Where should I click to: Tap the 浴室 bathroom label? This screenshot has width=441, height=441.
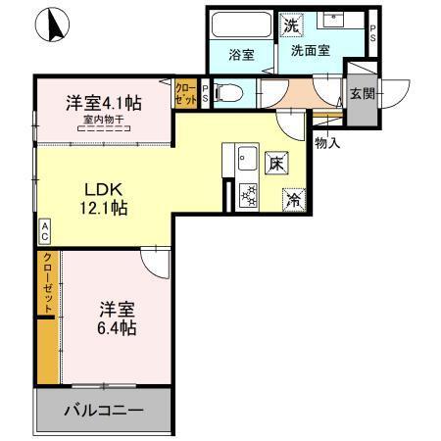tap(241, 55)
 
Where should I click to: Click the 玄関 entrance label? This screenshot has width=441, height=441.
tap(362, 95)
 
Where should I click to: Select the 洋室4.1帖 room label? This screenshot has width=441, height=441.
tap(103, 101)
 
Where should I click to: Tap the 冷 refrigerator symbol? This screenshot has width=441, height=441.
tap(293, 198)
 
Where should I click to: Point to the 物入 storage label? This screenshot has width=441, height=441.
tap(327, 143)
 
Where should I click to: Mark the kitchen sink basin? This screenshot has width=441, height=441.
tap(245, 158)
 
